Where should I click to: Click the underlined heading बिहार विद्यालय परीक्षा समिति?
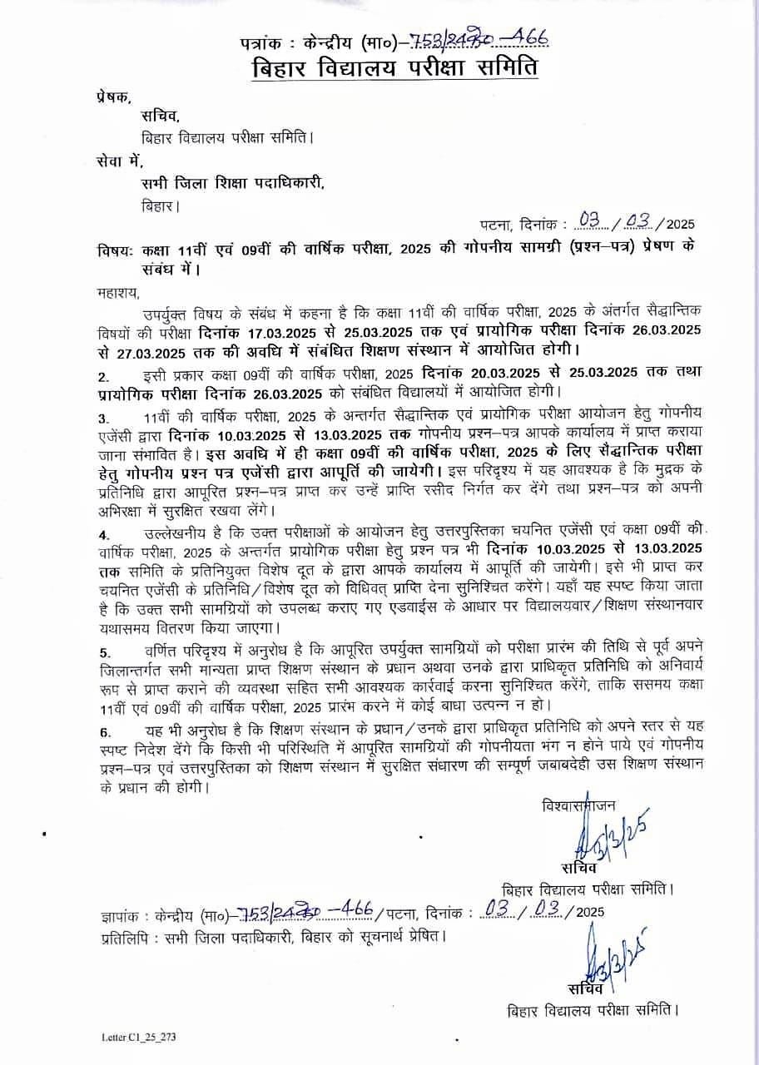pyautogui.click(x=395, y=67)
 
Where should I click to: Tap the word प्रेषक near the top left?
pyautogui.click(x=113, y=97)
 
